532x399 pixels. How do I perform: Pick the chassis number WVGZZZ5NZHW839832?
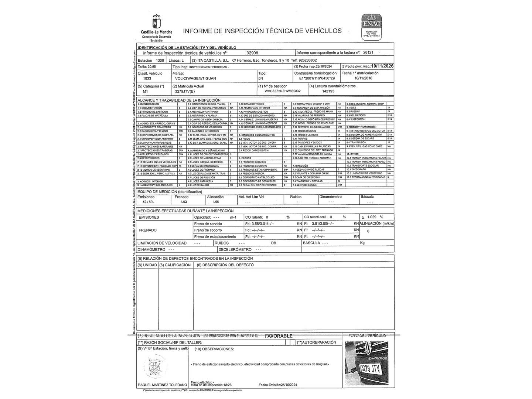pyautogui.click(x=283, y=91)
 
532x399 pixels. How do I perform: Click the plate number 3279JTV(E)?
pyautogui.click(x=185, y=91)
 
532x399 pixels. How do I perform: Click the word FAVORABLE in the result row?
pyautogui.click(x=279, y=336)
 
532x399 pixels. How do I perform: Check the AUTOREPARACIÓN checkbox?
pyautogui.click(x=293, y=342)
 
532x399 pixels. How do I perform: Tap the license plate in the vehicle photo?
pyautogui.click(x=370, y=368)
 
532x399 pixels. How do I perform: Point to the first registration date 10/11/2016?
pyautogui.click(x=363, y=79)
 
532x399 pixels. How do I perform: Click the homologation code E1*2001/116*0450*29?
pyautogui.click(x=317, y=79)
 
